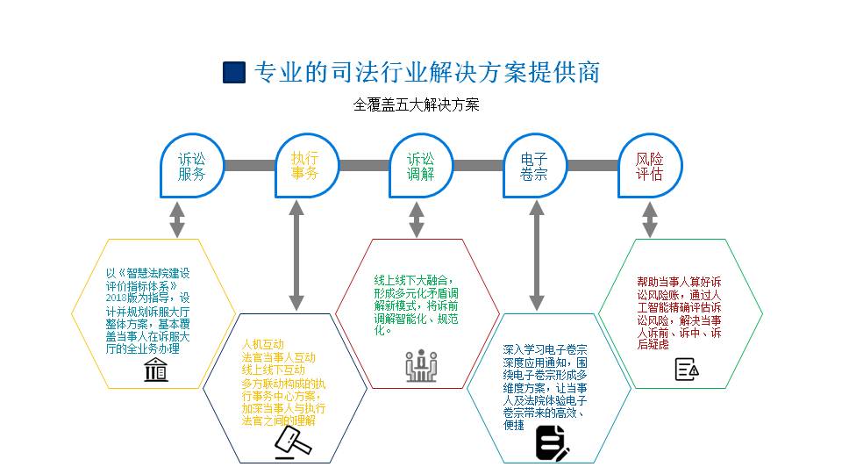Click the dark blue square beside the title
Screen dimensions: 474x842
pyautogui.click(x=234, y=72)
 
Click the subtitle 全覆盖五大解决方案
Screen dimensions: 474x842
pyautogui.click(x=417, y=104)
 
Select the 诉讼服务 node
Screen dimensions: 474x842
pyautogui.click(x=191, y=166)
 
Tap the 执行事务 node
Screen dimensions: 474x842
pyautogui.click(x=305, y=166)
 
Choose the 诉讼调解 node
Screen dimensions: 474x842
pyautogui.click(x=420, y=166)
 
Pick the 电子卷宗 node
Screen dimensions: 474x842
pyautogui.click(x=534, y=166)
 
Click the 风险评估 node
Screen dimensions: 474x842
pyautogui.click(x=649, y=166)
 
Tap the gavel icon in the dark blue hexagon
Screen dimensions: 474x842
pyautogui.click(x=292, y=441)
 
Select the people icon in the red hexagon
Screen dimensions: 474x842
pyautogui.click(x=421, y=365)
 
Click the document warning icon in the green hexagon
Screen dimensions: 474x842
pyautogui.click(x=687, y=369)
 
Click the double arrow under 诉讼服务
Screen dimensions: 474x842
pyautogui.click(x=177, y=219)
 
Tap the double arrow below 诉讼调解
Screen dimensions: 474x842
pyautogui.click(x=417, y=219)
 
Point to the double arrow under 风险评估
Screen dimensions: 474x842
pyautogui.click(x=649, y=219)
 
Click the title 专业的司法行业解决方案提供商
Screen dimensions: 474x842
pyautogui.click(x=427, y=72)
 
